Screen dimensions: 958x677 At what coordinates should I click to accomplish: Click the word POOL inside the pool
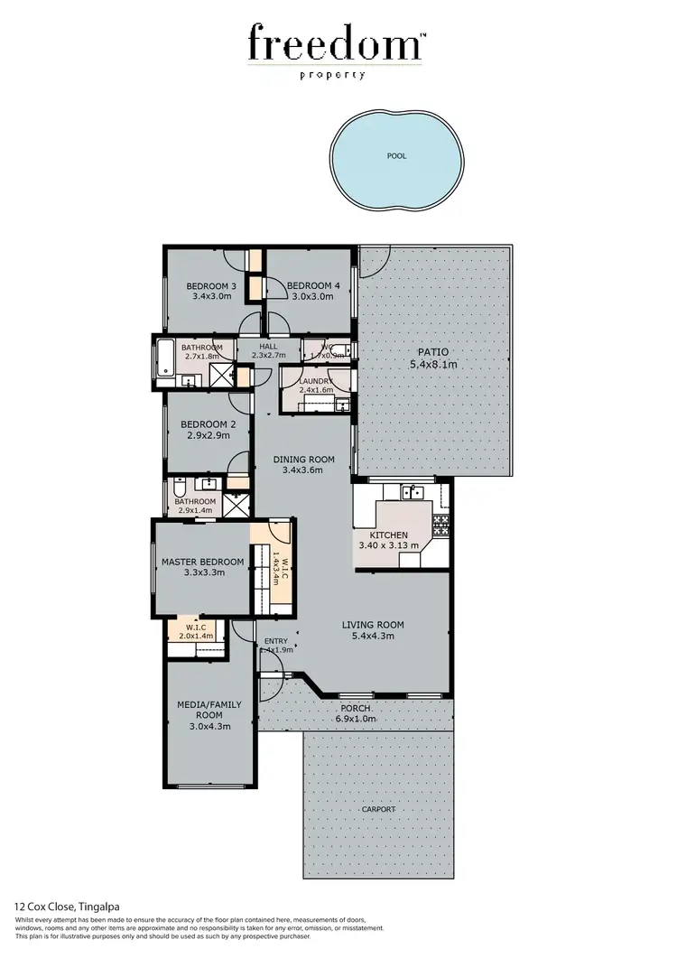coord(396,156)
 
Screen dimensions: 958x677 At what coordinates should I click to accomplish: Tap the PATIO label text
coord(432,352)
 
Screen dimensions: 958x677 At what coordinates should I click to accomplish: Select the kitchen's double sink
coord(413,492)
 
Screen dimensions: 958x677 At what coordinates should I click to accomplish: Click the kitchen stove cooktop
coord(441,524)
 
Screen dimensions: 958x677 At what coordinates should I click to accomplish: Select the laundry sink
coord(342,405)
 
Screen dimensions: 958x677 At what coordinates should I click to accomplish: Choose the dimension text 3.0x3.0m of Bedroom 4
coord(313,296)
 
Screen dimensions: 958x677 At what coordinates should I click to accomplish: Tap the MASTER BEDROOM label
coord(202,562)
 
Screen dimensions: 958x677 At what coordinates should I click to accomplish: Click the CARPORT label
coord(378,810)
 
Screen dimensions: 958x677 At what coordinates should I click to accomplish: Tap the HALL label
coord(268,346)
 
